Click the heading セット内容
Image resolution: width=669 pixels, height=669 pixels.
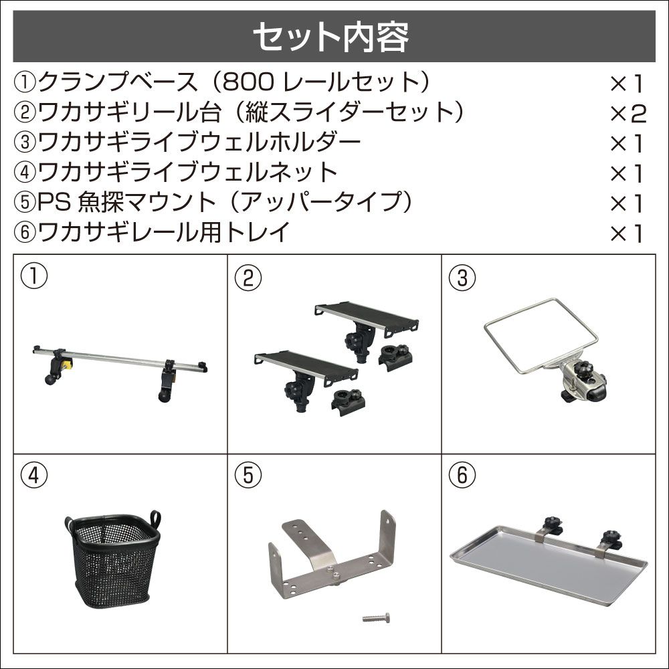pyautogui.click(x=331, y=37)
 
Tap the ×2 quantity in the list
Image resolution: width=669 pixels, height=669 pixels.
pyautogui.click(x=628, y=114)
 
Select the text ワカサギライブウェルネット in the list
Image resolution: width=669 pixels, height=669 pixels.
pyautogui.click(x=188, y=172)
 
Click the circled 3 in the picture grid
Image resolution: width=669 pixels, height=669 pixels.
pyautogui.click(x=462, y=278)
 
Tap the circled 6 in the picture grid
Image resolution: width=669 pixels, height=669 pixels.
pyautogui.click(x=462, y=475)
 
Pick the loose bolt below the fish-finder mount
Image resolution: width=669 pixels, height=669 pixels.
pyautogui.click(x=376, y=617)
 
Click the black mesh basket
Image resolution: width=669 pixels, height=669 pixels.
pyautogui.click(x=113, y=560)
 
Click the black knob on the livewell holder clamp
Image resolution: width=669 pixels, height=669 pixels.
pyautogui.click(x=581, y=368)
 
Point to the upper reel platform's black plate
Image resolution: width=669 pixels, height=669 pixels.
pyautogui.click(x=367, y=316)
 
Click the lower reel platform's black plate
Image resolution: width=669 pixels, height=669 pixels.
pyautogui.click(x=306, y=366)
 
